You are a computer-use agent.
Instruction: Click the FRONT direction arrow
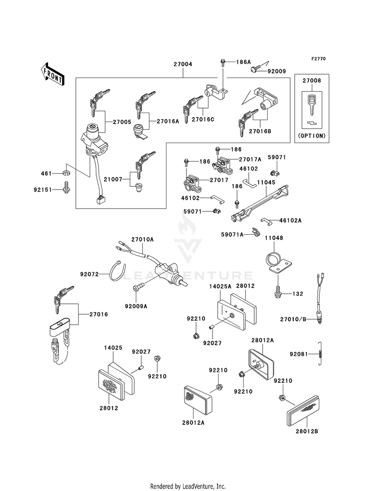(52, 74)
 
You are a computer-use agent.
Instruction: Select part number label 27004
(183, 64)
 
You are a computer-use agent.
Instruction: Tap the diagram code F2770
(319, 59)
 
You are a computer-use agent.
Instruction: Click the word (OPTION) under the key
(312, 136)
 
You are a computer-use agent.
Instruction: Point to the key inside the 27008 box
(312, 105)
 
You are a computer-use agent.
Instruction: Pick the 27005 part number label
(122, 122)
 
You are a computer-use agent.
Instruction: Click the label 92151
(43, 190)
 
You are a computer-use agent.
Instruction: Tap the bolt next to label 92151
(67, 187)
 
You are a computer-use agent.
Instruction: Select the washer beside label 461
(66, 173)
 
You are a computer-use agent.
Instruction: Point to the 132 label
(298, 294)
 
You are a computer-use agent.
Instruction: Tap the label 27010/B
(293, 319)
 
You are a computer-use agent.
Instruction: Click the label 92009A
(136, 306)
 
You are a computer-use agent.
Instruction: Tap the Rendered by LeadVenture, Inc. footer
(188, 486)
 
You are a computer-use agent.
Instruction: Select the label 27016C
(203, 119)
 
